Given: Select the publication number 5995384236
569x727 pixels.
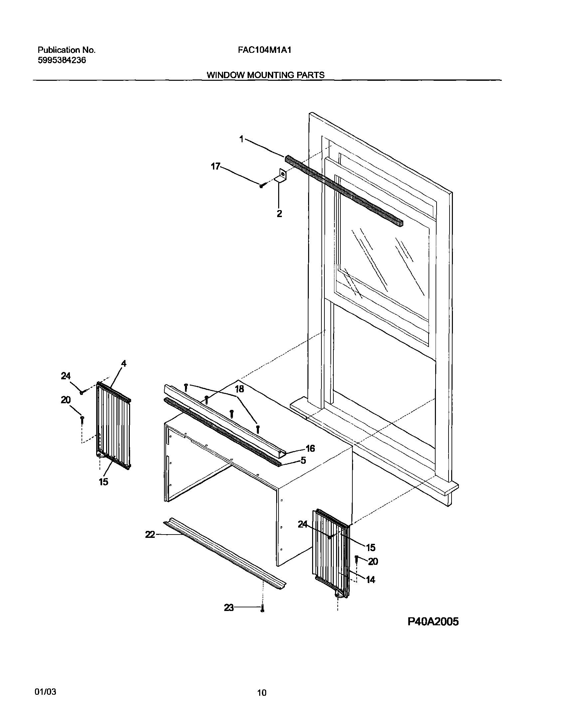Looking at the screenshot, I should click(x=62, y=60).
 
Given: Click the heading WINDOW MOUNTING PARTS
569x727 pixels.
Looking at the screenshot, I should click(x=266, y=75).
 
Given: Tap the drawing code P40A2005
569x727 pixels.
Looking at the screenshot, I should click(x=433, y=622).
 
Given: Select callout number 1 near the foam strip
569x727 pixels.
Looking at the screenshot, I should click(x=242, y=139).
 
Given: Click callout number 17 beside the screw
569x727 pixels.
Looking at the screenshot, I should click(x=216, y=166).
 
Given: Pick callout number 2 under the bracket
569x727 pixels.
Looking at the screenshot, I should click(x=279, y=213).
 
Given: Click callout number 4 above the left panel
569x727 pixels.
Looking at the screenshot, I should click(x=123, y=364).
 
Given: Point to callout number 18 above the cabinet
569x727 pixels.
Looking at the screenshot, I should click(x=239, y=389).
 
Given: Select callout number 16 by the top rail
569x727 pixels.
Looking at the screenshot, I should click(x=310, y=448).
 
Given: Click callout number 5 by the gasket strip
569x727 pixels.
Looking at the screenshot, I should click(x=303, y=461).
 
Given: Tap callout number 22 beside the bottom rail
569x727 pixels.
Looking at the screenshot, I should click(x=150, y=535).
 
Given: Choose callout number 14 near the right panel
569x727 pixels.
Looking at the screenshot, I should click(x=370, y=579).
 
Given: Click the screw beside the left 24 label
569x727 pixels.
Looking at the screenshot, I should click(x=81, y=393).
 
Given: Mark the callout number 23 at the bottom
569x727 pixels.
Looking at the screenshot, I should click(x=229, y=608).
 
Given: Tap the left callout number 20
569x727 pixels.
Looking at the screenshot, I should click(x=66, y=400).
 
